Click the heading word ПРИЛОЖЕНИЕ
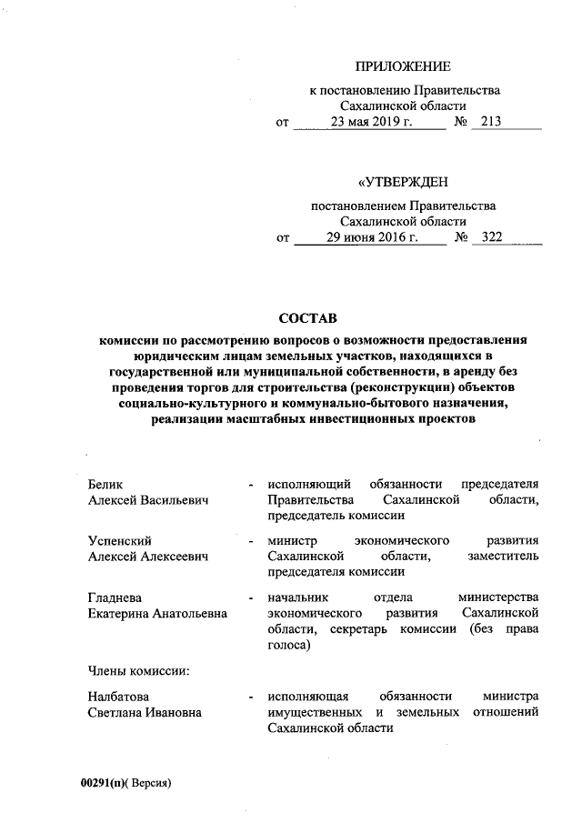pos(402,66)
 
